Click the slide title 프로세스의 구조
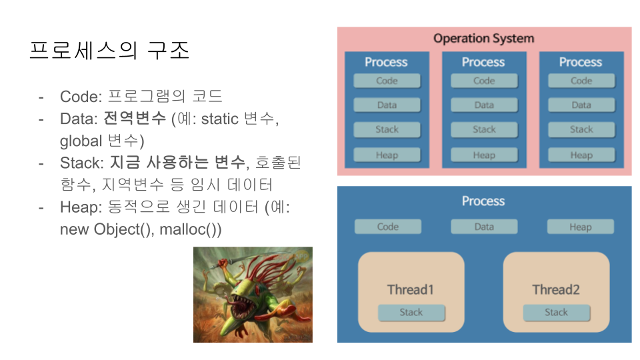pos(109,51)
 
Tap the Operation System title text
pos(484,39)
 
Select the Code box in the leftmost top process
pos(387,81)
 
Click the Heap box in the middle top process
pos(484,155)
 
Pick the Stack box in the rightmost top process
pos(581,130)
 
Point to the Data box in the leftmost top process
pos(387,105)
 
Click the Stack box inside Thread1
pos(411,313)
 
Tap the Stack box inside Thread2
pos(556,313)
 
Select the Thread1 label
pos(411,290)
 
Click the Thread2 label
pos(556,290)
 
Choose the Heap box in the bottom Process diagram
pos(581,227)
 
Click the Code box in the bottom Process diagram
pos(388,227)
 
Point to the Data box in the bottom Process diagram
pos(484,227)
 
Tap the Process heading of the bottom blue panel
pos(483,201)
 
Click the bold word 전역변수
pos(135,119)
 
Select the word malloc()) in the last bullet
pos(191,229)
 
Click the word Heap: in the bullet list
pos(81,207)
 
